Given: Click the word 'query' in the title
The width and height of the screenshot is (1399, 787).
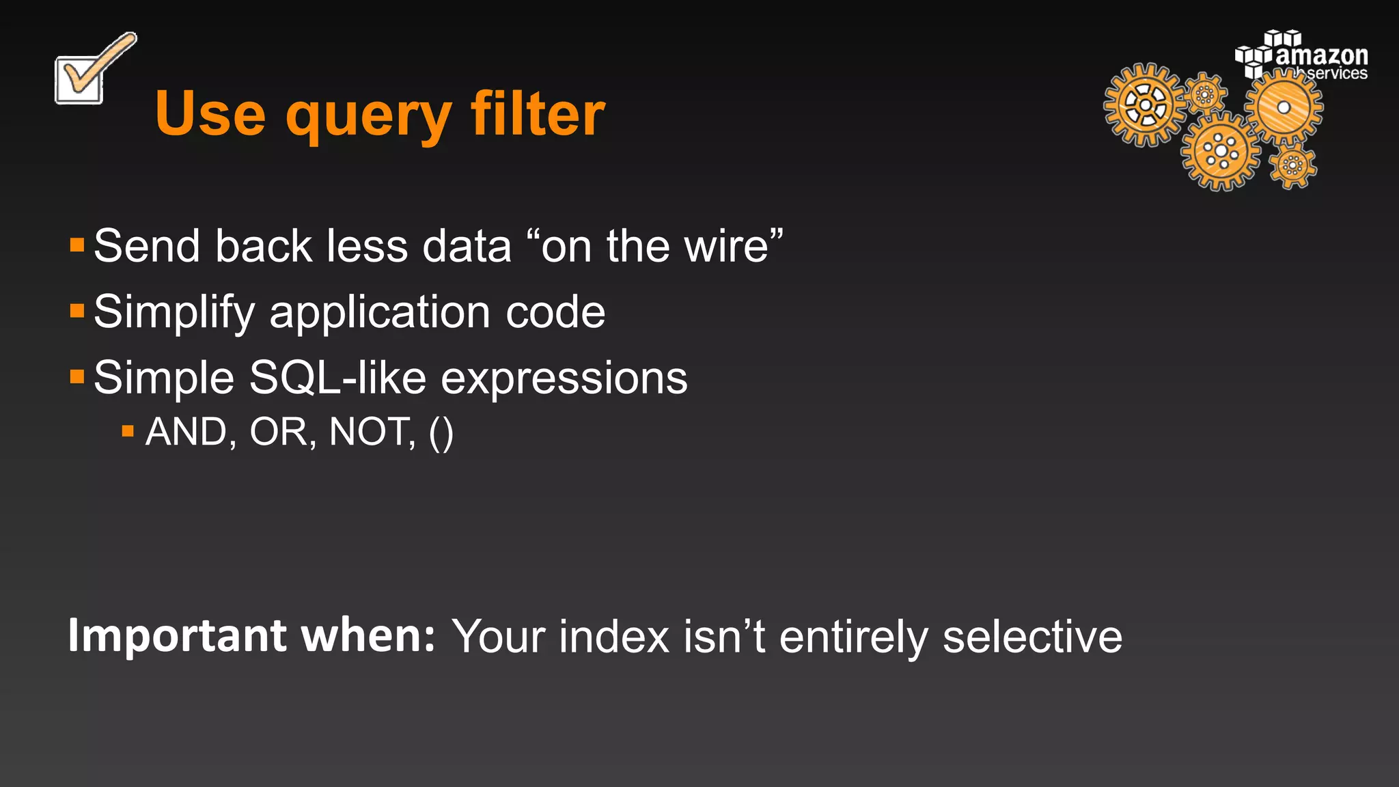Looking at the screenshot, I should [x=368, y=115].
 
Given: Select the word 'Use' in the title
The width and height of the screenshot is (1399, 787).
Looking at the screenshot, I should [x=210, y=113].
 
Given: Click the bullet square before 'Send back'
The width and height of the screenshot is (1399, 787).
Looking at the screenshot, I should [x=77, y=245].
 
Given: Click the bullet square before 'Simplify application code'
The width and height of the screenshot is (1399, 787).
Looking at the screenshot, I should [x=77, y=312].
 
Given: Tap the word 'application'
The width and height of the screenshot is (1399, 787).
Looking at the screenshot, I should [x=380, y=313].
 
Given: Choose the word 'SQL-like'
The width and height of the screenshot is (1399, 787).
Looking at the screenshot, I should [x=337, y=378].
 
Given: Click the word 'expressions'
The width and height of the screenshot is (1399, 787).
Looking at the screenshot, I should [x=564, y=379].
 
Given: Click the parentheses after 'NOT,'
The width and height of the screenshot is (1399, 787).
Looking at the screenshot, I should [x=441, y=432].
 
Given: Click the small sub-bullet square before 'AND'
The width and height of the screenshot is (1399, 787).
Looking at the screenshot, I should [x=128, y=431].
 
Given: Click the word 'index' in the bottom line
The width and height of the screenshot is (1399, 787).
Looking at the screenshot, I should [x=614, y=637].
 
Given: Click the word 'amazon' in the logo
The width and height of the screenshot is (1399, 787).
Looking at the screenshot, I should [x=1321, y=55].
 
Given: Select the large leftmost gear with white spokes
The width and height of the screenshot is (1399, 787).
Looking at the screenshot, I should [x=1145, y=105].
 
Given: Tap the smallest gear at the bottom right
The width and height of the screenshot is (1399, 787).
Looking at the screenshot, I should [x=1292, y=165].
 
